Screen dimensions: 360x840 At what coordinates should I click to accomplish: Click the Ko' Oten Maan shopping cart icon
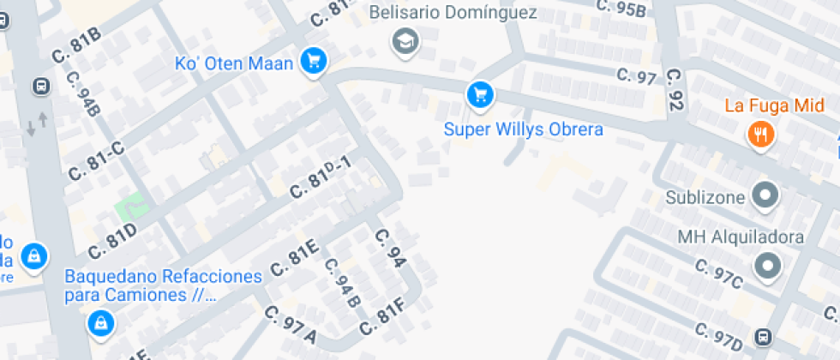pyautogui.click(x=315, y=61)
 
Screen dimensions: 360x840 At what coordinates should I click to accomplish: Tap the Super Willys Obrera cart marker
pyautogui.click(x=480, y=94)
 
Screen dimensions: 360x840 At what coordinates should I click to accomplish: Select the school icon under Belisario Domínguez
pyautogui.click(x=403, y=39)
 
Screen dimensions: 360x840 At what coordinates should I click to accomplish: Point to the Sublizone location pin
pyautogui.click(x=764, y=196)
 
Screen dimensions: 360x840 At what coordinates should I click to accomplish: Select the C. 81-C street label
pyautogui.click(x=96, y=159)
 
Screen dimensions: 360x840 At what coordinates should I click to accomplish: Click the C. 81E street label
pyautogui.click(x=295, y=258)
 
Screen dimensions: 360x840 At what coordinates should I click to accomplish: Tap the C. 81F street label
pyautogui.click(x=382, y=316)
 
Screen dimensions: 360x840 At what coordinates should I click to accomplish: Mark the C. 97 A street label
pyautogui.click(x=290, y=326)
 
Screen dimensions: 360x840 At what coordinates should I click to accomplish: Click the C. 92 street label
pyautogui.click(x=675, y=91)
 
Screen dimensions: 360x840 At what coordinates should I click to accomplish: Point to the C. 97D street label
pyautogui.click(x=718, y=336)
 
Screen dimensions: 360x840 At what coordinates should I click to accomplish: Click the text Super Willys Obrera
pyautogui.click(x=523, y=129)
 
